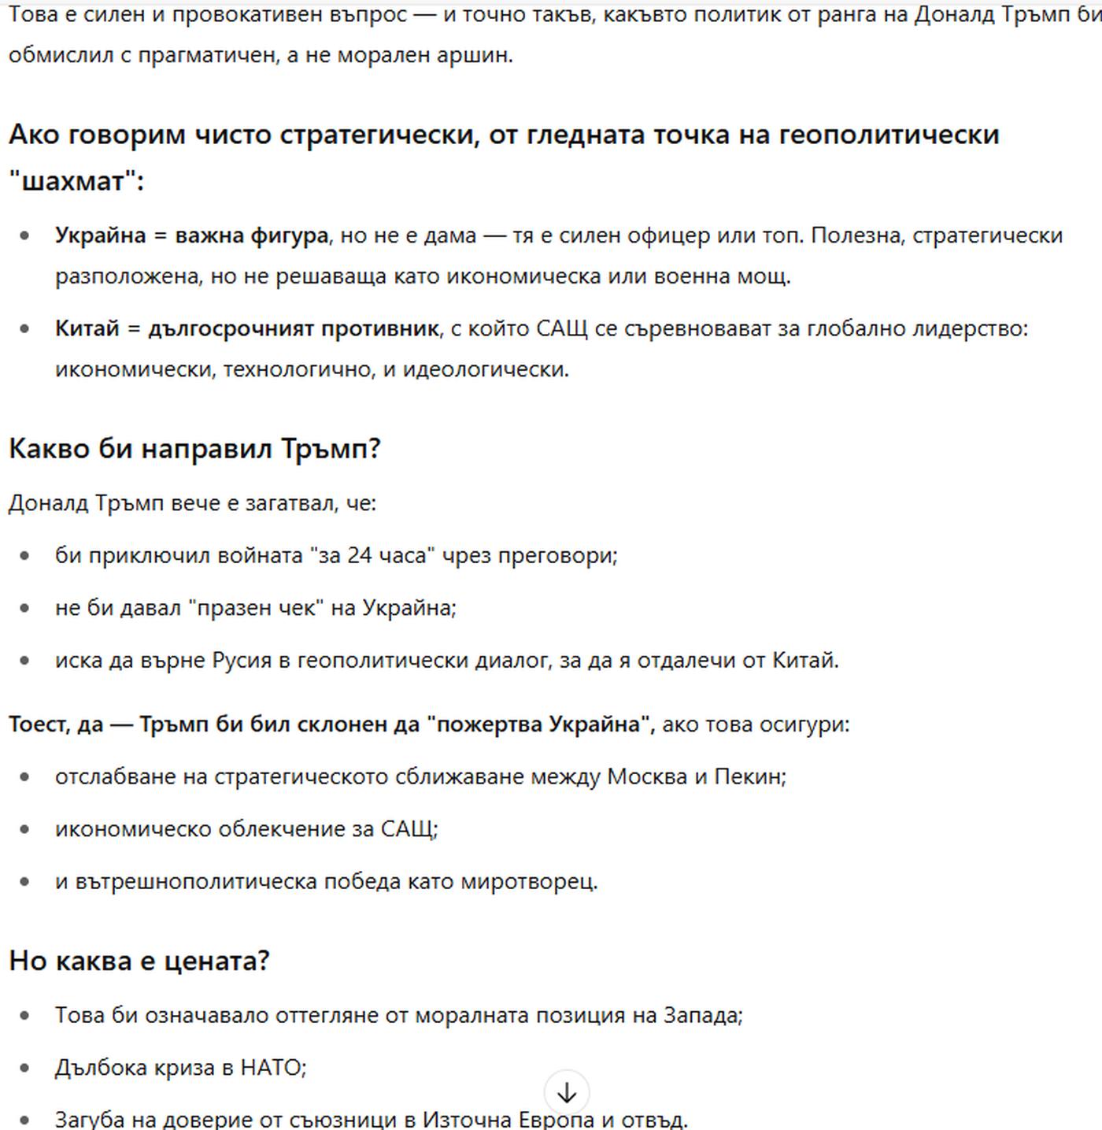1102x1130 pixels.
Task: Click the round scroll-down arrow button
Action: [x=567, y=1092]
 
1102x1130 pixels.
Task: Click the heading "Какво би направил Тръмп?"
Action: [x=194, y=449]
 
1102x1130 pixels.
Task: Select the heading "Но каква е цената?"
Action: [x=139, y=961]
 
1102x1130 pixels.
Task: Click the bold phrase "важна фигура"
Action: [x=251, y=235]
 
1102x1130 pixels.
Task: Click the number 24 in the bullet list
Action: [x=359, y=555]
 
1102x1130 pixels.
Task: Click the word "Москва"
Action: [x=647, y=776]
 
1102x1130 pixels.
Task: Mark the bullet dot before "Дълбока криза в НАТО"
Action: [x=25, y=1068]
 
